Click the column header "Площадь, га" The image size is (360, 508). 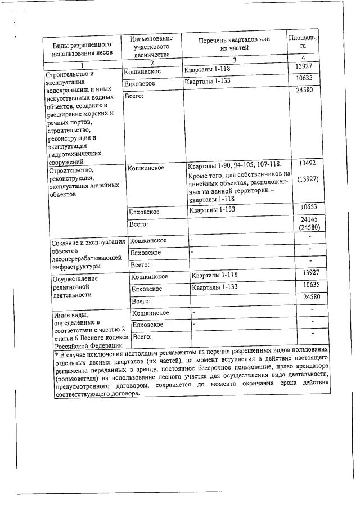point(303,43)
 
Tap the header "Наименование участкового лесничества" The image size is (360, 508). point(150,46)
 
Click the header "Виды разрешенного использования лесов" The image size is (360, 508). point(82,49)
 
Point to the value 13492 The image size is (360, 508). point(307,163)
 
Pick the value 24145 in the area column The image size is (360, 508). point(310,219)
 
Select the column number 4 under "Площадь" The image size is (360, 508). point(303,58)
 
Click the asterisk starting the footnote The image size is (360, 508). point(56,355)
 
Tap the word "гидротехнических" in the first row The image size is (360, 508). point(75,153)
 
